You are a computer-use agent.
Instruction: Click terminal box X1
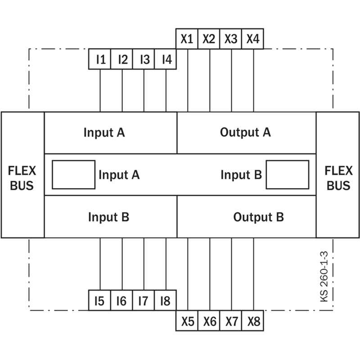pyautogui.click(x=187, y=39)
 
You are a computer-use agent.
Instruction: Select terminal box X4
pyautogui.click(x=252, y=39)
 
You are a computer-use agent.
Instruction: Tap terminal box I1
pyautogui.click(x=99, y=59)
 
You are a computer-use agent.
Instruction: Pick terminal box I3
pyautogui.click(x=144, y=59)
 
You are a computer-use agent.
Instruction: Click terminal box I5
pyautogui.click(x=99, y=300)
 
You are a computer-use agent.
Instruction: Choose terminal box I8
pyautogui.click(x=166, y=300)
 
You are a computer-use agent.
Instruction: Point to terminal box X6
pyautogui.click(x=209, y=321)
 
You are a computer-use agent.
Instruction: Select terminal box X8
pyautogui.click(x=252, y=321)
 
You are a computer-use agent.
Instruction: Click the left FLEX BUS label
pyautogui.click(x=22, y=178)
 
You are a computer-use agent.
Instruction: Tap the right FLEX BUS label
pyautogui.click(x=338, y=178)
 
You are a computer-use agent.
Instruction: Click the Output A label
pyautogui.click(x=245, y=132)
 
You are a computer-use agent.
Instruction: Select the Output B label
pyautogui.click(x=258, y=217)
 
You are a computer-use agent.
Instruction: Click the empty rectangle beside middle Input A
pyautogui.click(x=74, y=175)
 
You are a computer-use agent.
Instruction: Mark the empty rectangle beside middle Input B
pyautogui.click(x=288, y=175)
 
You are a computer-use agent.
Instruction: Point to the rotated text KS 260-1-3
pyautogui.click(x=324, y=277)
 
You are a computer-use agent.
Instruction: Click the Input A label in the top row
pyautogui.click(x=104, y=132)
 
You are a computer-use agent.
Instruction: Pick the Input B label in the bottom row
pyautogui.click(x=109, y=217)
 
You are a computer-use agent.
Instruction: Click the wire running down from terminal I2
pyautogui.click(x=122, y=90)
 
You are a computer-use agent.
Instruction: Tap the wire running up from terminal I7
pyautogui.click(x=144, y=264)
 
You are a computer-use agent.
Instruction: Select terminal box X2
pyautogui.click(x=209, y=39)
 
